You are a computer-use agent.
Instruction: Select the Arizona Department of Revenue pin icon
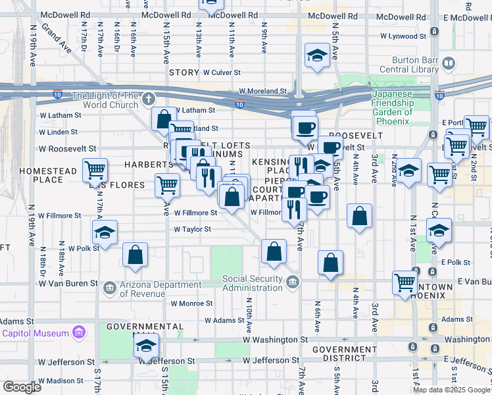pyautogui.click(x=111, y=285)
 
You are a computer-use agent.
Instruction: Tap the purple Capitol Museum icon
pyautogui.click(x=80, y=333)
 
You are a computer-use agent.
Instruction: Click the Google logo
pyautogui.click(x=22, y=386)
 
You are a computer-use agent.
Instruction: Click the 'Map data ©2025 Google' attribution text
pyautogui.click(x=451, y=390)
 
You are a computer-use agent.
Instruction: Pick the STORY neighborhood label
pyautogui.click(x=184, y=72)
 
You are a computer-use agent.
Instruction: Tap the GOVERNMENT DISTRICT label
pyautogui.click(x=339, y=354)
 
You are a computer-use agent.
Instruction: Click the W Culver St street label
pyautogui.click(x=224, y=72)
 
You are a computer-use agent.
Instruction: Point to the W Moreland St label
pyautogui.click(x=263, y=92)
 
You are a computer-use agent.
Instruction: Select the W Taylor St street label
pyautogui.click(x=192, y=229)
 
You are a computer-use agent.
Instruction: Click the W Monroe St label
pyautogui.click(x=191, y=303)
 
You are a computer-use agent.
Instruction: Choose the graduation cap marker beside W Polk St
pyautogui.click(x=104, y=232)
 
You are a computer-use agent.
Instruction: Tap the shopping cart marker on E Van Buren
pyautogui.click(x=405, y=282)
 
